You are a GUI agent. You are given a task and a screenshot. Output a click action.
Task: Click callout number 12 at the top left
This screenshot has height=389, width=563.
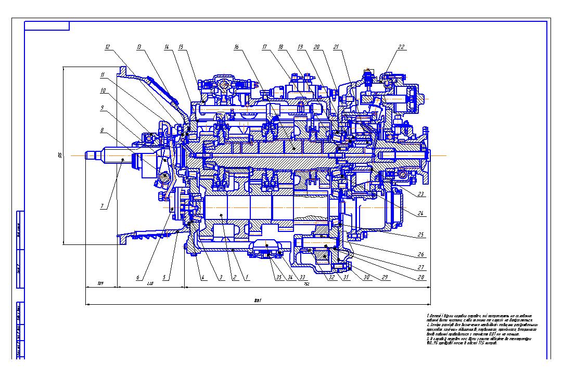click(107, 47)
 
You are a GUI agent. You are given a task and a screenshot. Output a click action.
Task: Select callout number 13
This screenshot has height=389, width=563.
click(139, 47)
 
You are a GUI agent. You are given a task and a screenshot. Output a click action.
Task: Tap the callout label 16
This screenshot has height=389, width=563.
click(236, 47)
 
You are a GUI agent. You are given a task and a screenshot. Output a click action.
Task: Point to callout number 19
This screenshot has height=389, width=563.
click(300, 47)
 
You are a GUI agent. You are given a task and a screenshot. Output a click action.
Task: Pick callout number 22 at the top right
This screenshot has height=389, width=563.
click(401, 47)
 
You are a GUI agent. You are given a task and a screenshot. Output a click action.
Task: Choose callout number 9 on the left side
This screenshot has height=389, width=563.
click(103, 108)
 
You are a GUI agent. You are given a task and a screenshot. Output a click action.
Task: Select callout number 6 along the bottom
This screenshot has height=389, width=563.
click(138, 278)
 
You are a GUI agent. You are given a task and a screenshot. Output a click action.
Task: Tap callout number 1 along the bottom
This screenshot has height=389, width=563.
click(248, 278)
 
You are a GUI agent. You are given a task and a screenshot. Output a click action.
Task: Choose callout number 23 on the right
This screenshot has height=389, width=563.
click(420, 194)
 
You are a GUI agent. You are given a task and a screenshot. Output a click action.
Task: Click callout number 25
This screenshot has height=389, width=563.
click(420, 235)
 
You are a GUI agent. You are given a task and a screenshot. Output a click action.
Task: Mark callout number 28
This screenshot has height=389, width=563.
click(420, 278)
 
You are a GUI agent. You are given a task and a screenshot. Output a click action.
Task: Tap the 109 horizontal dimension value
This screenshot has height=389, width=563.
click(100, 284)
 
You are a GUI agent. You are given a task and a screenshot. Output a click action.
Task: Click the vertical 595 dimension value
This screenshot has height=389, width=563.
click(60, 155)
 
